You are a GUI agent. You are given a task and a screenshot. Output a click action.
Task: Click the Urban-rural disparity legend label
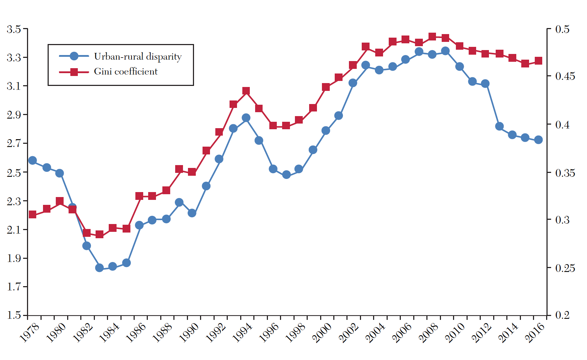click(138, 57)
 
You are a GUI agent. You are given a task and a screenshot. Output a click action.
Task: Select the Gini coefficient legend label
click(125, 72)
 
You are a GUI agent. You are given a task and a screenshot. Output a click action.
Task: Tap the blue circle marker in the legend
click(74, 56)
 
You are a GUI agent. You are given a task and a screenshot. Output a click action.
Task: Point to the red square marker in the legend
click(74, 72)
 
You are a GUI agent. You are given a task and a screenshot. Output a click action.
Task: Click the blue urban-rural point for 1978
click(32, 160)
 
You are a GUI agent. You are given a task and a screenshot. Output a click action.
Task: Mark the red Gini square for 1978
click(32, 214)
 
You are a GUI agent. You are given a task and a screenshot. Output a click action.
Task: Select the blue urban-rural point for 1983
click(99, 268)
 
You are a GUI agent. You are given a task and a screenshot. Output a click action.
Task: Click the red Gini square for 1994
click(246, 91)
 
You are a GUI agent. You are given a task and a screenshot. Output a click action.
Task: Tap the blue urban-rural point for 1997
click(286, 175)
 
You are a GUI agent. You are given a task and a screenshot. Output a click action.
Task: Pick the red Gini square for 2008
click(432, 37)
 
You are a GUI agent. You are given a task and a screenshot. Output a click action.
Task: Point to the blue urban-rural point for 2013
click(499, 126)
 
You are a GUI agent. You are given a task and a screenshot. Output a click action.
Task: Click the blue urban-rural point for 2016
click(538, 140)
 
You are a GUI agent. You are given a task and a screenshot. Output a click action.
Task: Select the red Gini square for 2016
click(538, 61)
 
